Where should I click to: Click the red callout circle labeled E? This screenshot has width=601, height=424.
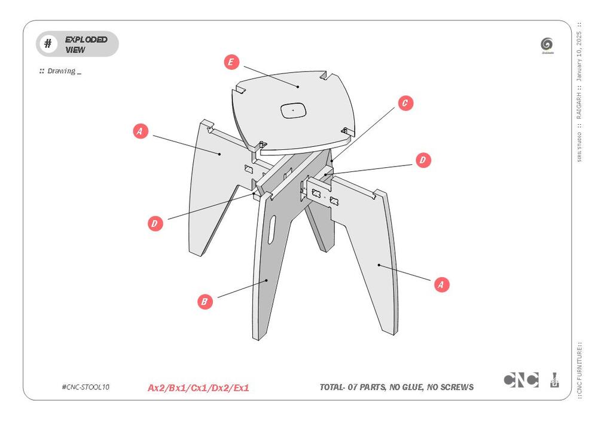pyautogui.click(x=231, y=62)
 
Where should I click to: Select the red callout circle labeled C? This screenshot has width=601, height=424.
pyautogui.click(x=405, y=103)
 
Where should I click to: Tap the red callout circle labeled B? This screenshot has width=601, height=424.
pyautogui.click(x=205, y=302)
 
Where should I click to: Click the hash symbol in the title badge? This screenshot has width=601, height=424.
pyautogui.click(x=48, y=44)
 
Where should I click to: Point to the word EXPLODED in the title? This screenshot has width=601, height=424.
pyautogui.click(x=86, y=39)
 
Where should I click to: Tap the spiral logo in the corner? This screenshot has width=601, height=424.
pyautogui.click(x=547, y=44)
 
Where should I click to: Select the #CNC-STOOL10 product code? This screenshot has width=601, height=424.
pyautogui.click(x=86, y=387)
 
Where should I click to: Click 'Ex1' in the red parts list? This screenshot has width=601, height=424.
pyautogui.click(x=239, y=388)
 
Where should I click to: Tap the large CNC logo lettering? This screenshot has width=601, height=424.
pyautogui.click(x=520, y=380)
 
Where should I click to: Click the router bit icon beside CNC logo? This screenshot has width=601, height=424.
pyautogui.click(x=554, y=380)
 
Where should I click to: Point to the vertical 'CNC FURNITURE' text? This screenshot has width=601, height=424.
pyautogui.click(x=579, y=371)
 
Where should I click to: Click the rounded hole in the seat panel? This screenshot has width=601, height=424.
pyautogui.click(x=293, y=110)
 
